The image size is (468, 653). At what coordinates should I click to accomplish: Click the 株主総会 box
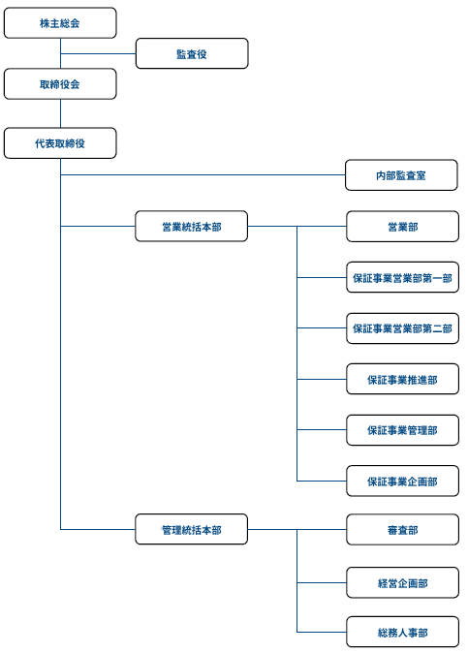tap(60, 23)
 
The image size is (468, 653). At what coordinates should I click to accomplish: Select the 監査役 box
tap(192, 53)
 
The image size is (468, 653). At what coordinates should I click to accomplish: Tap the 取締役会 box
tap(60, 84)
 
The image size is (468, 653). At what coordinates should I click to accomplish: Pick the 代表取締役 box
tap(60, 143)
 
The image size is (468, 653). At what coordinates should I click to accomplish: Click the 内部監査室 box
tap(401, 175)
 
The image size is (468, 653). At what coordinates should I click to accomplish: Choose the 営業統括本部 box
tap(192, 227)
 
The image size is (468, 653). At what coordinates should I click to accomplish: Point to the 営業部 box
tap(403, 227)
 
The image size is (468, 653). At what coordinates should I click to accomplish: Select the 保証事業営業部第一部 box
tap(403, 277)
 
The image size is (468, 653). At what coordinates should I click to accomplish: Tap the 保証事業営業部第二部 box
tap(403, 328)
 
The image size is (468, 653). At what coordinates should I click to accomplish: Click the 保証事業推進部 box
tap(403, 380)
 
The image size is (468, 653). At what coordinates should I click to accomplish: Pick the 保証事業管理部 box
tap(403, 430)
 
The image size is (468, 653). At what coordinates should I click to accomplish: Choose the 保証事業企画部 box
tap(403, 481)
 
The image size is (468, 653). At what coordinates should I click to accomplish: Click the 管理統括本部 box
tap(192, 529)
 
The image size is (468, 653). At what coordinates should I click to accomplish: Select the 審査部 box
tap(403, 530)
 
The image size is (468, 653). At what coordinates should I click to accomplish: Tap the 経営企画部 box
tap(403, 582)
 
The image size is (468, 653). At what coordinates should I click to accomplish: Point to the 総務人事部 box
tap(403, 633)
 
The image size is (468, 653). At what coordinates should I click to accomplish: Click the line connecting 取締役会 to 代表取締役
tap(60, 113)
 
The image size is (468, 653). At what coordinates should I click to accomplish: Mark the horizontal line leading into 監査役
tap(98, 53)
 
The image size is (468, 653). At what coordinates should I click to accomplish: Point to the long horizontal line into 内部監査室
tap(203, 175)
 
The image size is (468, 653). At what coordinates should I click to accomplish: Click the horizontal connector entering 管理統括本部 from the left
tap(98, 529)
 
